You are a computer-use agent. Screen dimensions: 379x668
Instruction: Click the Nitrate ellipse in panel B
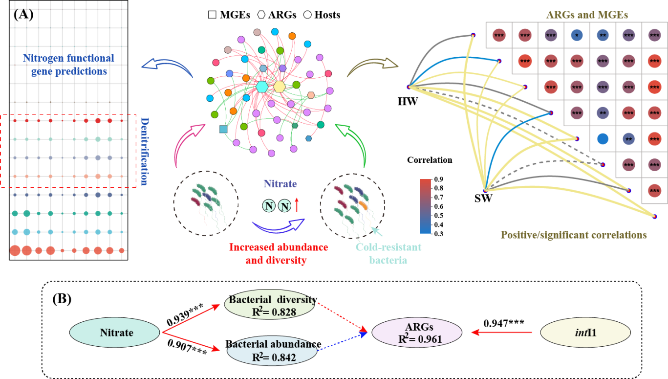pyautogui.click(x=117, y=333)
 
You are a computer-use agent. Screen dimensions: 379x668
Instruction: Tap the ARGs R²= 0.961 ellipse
pyautogui.click(x=417, y=333)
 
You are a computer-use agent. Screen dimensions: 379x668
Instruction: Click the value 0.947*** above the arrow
pyautogui.click(x=504, y=323)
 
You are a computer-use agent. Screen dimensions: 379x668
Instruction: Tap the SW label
pyautogui.click(x=484, y=198)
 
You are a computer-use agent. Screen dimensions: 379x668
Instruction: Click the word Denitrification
pyautogui.click(x=144, y=151)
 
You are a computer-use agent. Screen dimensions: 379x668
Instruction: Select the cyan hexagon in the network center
pyautogui.click(x=262, y=87)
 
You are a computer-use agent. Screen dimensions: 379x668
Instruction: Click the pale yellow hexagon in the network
pyautogui.click(x=280, y=87)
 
